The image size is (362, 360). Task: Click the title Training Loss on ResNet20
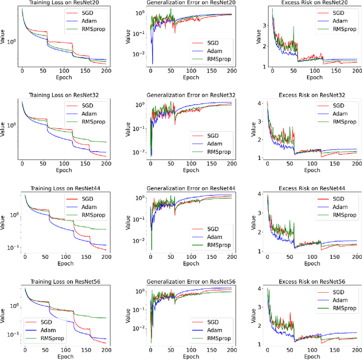[x=63, y=3]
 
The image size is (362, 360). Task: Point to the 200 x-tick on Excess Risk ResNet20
[x=356, y=72]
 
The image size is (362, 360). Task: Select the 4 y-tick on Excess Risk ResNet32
[x=261, y=103]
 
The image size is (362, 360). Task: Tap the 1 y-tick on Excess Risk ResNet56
[x=261, y=344]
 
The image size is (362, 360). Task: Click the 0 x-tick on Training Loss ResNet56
[x=24, y=349]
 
